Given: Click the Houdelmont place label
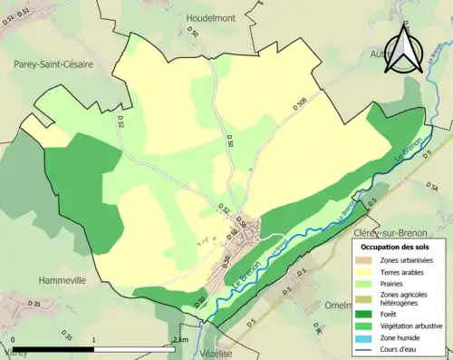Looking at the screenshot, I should [x=210, y=18].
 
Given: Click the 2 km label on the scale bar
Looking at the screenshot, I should [x=178, y=341].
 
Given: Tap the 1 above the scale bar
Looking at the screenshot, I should [x=94, y=341].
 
